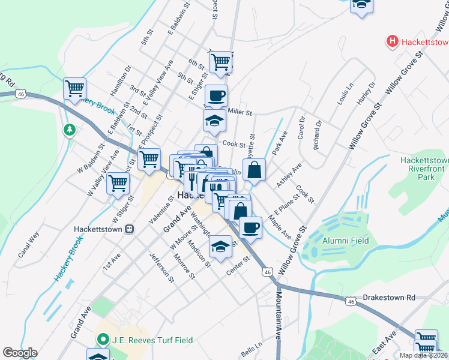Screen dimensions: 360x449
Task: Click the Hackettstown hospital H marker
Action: click(x=392, y=41)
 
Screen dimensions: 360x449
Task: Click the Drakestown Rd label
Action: click(x=390, y=298)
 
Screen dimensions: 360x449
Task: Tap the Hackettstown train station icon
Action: click(x=128, y=229)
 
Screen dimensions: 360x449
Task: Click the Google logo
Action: click(x=20, y=353)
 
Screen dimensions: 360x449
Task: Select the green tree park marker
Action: click(x=70, y=129)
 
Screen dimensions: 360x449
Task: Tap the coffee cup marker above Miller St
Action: click(x=216, y=95)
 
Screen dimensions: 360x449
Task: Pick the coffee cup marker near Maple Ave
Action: click(x=250, y=227)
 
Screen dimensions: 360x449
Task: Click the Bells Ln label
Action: click(x=252, y=348)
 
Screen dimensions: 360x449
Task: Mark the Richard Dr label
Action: click(x=315, y=136)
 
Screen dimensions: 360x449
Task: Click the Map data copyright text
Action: click(x=423, y=355)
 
